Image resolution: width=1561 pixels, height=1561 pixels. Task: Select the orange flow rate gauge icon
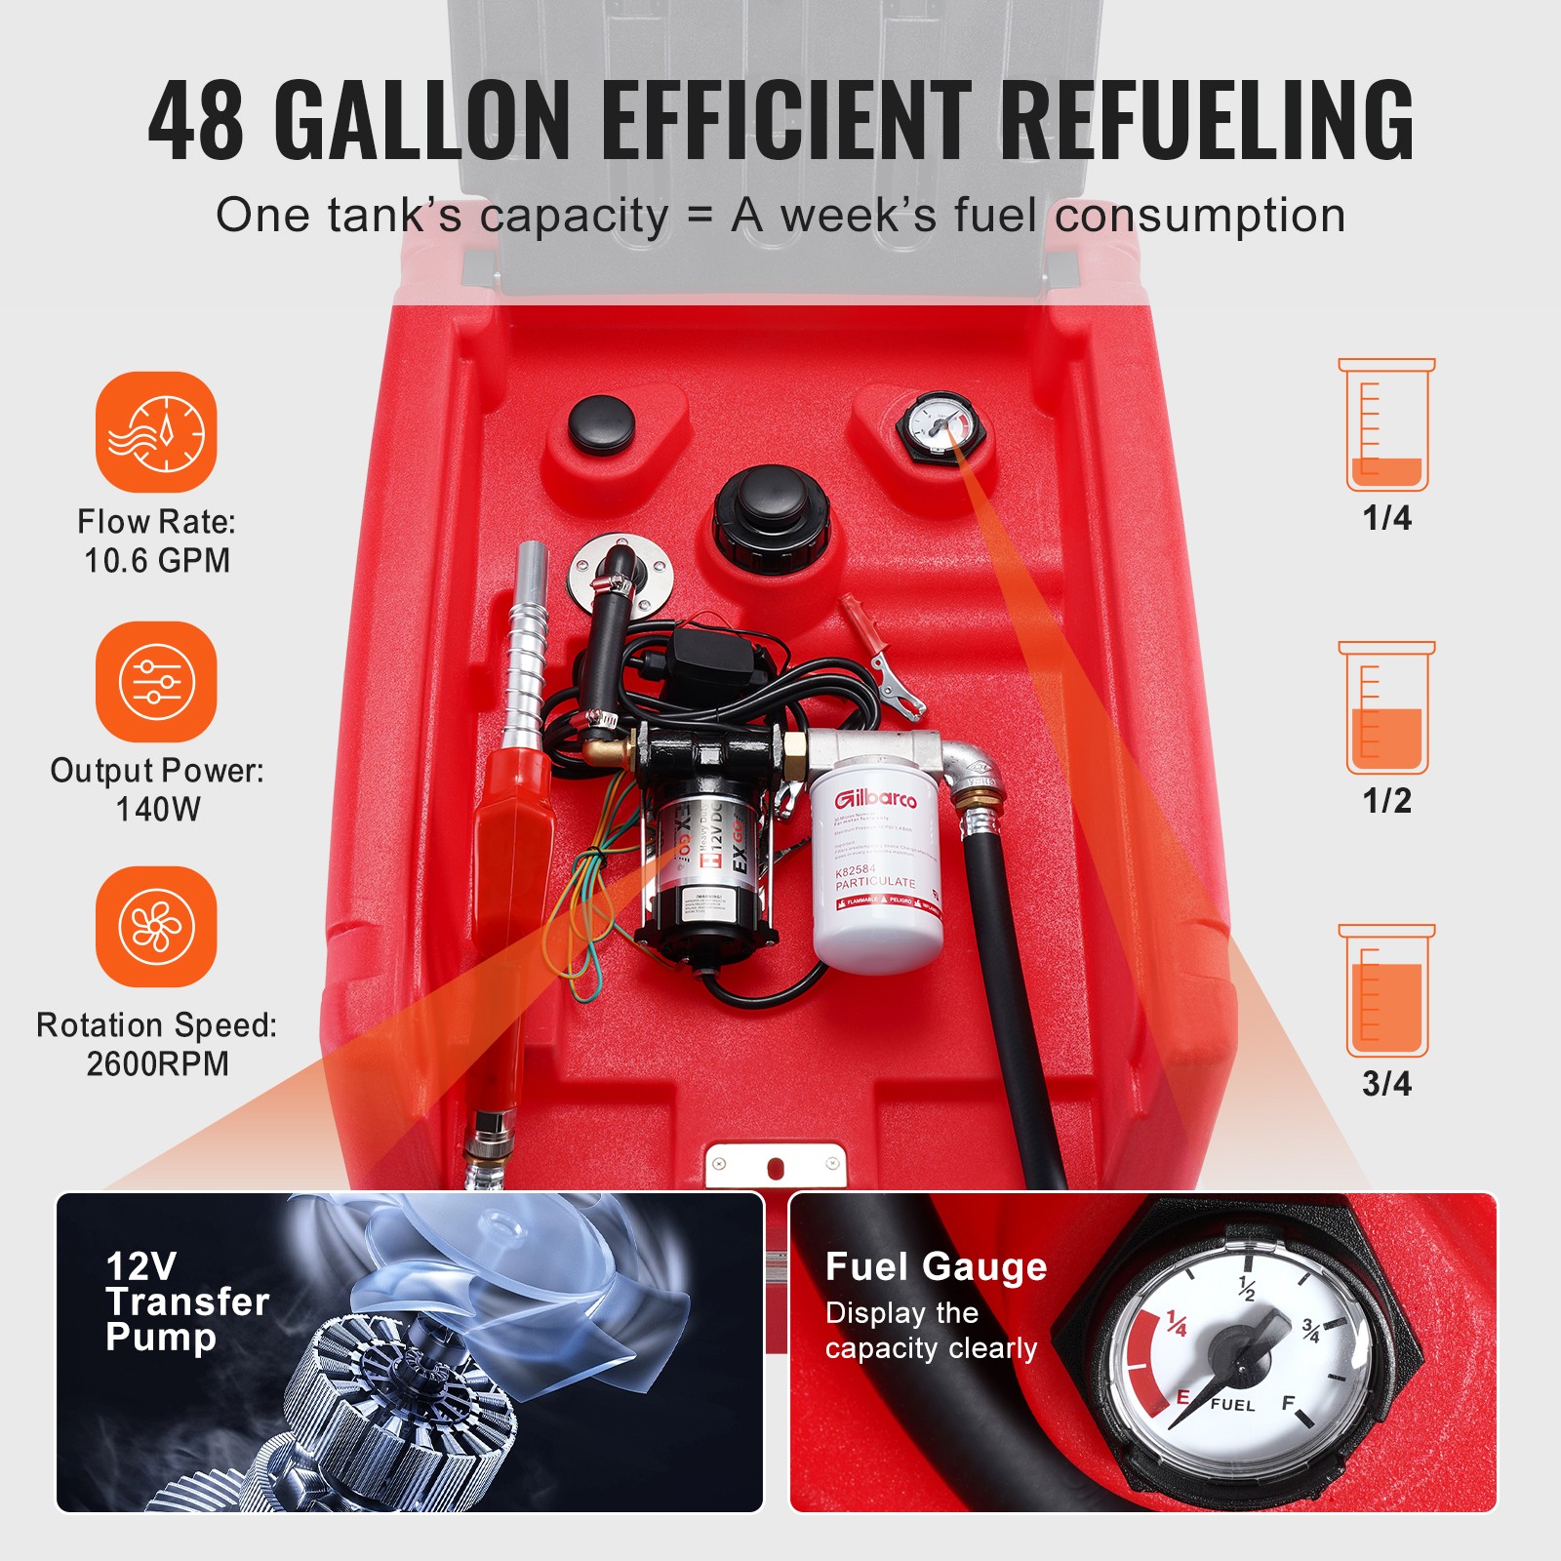tap(156, 431)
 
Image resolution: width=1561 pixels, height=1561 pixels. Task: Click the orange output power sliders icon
tap(156, 681)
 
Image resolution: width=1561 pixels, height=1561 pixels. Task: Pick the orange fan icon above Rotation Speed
tap(156, 927)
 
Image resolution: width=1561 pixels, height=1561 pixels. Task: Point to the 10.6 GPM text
tap(157, 561)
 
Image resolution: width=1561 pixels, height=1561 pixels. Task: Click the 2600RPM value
tap(157, 1063)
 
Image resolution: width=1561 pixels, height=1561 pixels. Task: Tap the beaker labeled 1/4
tap(1386, 426)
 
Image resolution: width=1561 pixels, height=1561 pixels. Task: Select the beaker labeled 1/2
tap(1386, 709)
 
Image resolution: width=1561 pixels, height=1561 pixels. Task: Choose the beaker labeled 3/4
tap(1386, 992)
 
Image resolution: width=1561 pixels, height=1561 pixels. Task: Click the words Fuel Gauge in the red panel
tap(936, 1266)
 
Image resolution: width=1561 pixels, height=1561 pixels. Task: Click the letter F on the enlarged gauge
tap(1289, 1403)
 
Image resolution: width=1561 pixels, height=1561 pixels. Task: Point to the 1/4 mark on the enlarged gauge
tap(1178, 1324)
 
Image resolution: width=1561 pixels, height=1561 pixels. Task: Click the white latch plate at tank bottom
tap(776, 1165)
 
